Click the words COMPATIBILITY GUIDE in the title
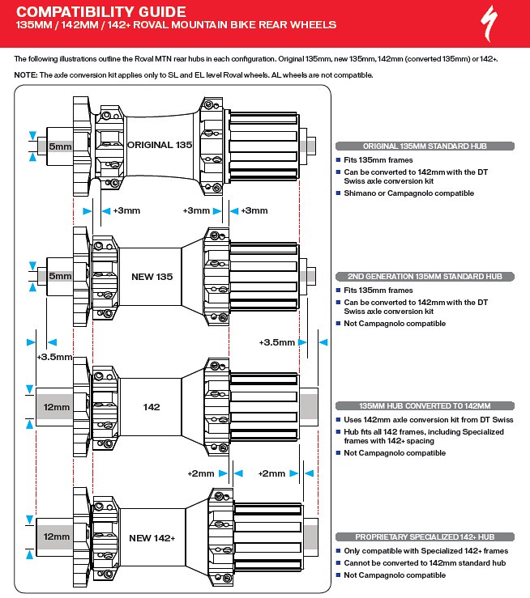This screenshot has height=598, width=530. tap(100, 11)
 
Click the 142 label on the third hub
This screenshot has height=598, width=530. tap(152, 407)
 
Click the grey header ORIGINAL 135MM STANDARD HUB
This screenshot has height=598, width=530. tap(425, 146)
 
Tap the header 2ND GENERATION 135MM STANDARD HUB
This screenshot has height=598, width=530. tap(425, 276)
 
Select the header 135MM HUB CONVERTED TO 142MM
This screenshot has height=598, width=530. tap(425, 406)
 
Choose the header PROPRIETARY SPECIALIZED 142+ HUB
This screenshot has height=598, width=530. tap(425, 537)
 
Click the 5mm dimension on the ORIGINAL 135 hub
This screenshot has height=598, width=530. tap(60, 146)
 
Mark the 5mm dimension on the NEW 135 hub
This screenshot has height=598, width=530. tap(60, 276)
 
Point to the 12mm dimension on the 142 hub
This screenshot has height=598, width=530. tap(57, 407)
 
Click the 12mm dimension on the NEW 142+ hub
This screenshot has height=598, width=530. tap(57, 537)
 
